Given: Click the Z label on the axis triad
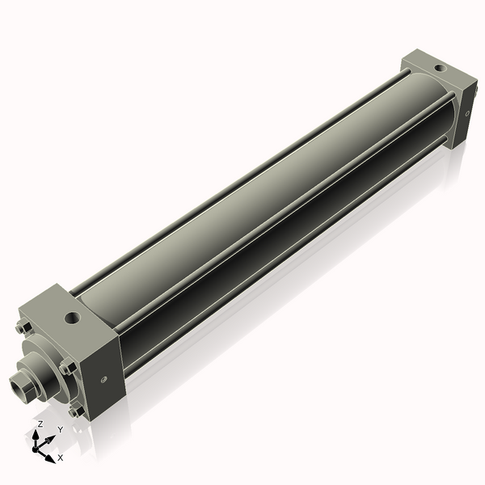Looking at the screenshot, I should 40,424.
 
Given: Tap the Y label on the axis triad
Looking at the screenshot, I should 60,430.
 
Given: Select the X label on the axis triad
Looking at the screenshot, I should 61,458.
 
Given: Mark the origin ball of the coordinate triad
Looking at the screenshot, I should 38,447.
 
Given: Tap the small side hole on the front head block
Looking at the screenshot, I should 103,378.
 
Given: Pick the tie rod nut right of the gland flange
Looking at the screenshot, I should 67,368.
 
